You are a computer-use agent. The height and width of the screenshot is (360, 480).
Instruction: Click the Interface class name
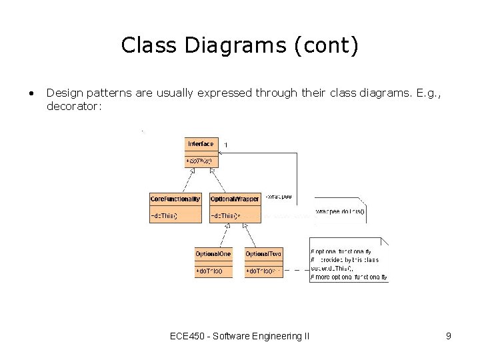[201, 143]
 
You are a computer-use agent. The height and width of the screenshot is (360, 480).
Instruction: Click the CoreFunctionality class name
[175, 199]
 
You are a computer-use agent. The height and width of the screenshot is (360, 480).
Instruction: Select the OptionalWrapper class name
[235, 199]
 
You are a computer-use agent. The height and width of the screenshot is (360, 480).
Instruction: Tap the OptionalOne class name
[213, 254]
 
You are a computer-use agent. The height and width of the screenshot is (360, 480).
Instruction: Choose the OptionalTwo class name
[263, 254]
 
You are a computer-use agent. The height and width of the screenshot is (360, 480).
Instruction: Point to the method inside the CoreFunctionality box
[164, 216]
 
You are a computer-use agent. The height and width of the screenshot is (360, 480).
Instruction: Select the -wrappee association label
[278, 197]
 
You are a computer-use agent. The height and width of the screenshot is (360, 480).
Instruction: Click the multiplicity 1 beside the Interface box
[225, 145]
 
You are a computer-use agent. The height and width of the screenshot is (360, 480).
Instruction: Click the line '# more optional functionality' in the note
[349, 277]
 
